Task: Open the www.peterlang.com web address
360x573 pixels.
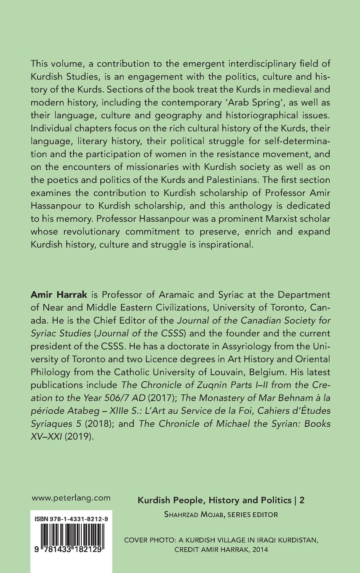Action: click(x=71, y=498)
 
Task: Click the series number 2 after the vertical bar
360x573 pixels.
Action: click(x=302, y=500)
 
